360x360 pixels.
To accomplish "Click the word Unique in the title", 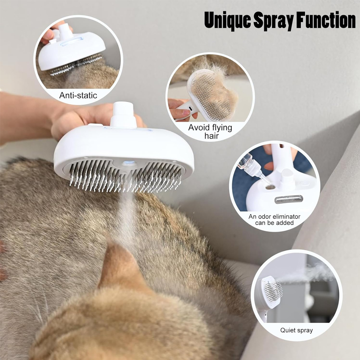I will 228,20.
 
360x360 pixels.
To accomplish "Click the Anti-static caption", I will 78,95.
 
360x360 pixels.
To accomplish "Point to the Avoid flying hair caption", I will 210,131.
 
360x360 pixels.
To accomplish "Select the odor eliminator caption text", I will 274,219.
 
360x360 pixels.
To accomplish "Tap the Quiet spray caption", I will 296,330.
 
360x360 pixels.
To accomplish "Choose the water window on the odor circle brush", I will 288,199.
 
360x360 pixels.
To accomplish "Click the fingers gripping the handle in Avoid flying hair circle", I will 180,109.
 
